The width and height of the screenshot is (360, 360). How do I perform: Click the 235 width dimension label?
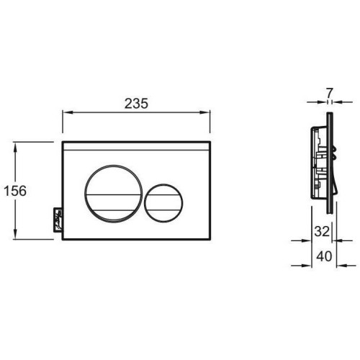[136, 104]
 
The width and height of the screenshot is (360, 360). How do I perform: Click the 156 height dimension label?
[15, 191]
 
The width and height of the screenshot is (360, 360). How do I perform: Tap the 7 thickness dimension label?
[330, 93]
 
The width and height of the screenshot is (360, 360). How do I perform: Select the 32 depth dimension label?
[322, 232]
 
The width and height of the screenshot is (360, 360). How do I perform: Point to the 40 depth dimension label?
[324, 256]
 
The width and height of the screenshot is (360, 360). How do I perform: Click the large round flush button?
[114, 194]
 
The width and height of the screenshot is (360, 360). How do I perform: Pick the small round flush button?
[163, 203]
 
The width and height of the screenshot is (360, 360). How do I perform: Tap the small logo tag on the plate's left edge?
[58, 220]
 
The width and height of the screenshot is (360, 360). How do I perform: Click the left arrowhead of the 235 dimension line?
[68, 112]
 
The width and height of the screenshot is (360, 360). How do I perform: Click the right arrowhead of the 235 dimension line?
[205, 112]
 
